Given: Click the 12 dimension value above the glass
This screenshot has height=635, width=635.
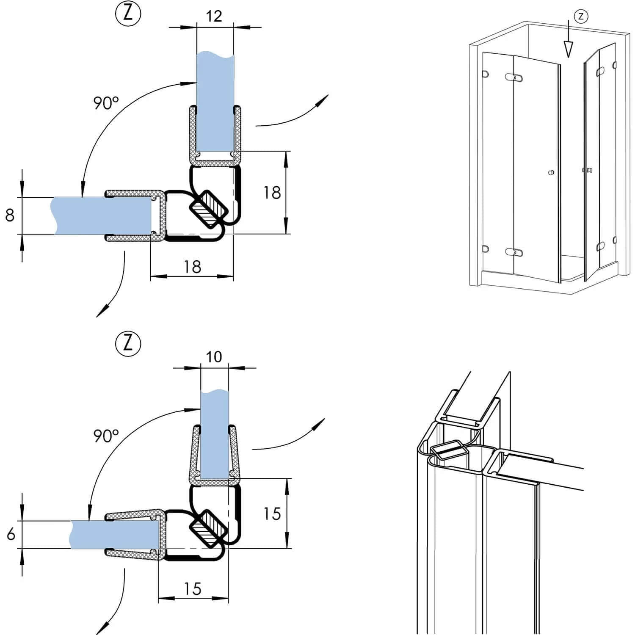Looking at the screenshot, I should tap(214, 16).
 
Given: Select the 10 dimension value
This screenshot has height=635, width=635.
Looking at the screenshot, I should tap(214, 357).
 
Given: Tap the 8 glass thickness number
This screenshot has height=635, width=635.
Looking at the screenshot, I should tap(10, 215).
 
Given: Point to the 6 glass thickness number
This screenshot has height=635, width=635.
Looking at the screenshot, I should tap(11, 534).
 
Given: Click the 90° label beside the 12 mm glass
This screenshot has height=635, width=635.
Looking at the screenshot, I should tap(106, 103).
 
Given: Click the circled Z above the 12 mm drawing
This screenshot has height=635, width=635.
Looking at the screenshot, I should tap(127, 14).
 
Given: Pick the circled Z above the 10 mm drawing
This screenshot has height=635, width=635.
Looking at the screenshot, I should tap(127, 343).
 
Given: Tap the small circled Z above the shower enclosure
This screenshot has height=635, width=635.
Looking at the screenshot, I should tap(581, 17).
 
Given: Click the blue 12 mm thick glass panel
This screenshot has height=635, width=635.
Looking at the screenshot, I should tap(215, 102).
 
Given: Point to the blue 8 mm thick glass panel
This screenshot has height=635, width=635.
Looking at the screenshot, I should tap(102, 215).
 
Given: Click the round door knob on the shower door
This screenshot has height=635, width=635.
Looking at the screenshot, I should tap(551, 173).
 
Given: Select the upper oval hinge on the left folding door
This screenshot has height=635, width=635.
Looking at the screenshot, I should tap(514, 77).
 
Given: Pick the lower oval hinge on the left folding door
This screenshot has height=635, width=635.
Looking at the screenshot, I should tap(514, 252).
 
